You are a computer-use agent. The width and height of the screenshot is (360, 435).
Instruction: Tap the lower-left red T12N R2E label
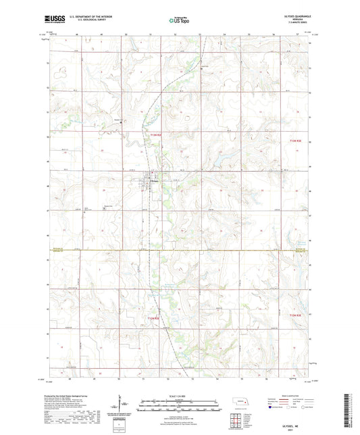tap(155, 317)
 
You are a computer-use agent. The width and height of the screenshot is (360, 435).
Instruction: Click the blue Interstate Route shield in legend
tap(271, 407)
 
